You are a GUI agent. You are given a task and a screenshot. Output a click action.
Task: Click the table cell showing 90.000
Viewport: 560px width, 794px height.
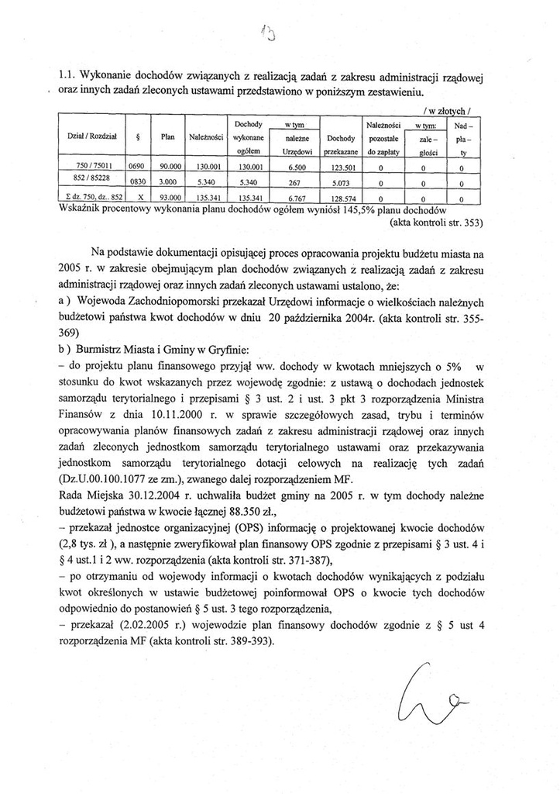[x=167, y=166]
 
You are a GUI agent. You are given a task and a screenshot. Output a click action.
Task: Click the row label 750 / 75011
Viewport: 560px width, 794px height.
[x=91, y=166]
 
